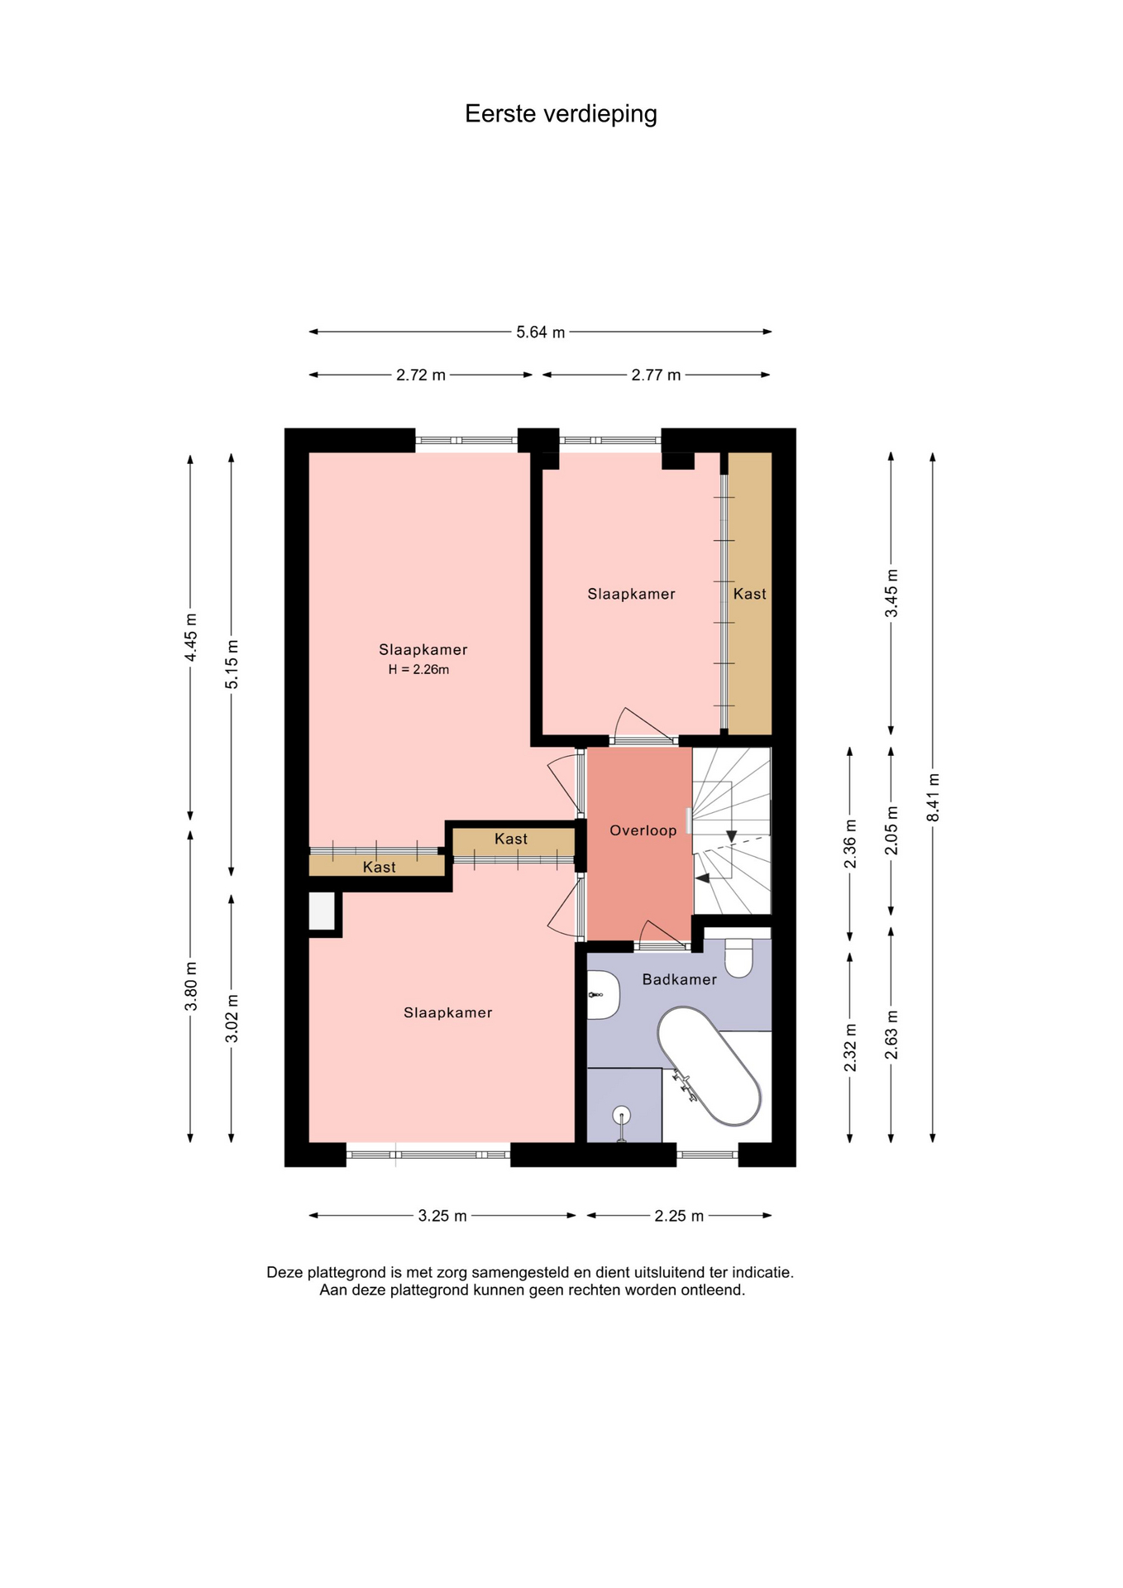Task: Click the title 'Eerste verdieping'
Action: tap(561, 114)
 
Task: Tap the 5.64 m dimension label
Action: tap(541, 332)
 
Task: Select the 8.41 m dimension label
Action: tap(934, 797)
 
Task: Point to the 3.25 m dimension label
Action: tap(442, 1216)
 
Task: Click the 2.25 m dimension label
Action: tap(679, 1216)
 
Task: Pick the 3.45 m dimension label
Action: tap(891, 593)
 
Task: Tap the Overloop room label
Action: tap(643, 830)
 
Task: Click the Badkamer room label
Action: tap(680, 979)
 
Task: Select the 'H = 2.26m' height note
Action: tap(418, 670)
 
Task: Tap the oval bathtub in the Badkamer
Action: tap(709, 1065)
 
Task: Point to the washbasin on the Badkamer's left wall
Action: tap(603, 995)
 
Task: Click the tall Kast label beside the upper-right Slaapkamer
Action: tap(750, 594)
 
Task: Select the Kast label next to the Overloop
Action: tap(511, 839)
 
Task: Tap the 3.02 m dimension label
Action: tap(232, 1018)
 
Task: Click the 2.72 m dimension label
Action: tap(421, 375)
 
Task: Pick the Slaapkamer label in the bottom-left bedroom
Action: tap(448, 1012)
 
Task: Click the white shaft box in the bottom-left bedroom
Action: tap(322, 911)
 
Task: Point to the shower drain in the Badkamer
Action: tap(622, 1116)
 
